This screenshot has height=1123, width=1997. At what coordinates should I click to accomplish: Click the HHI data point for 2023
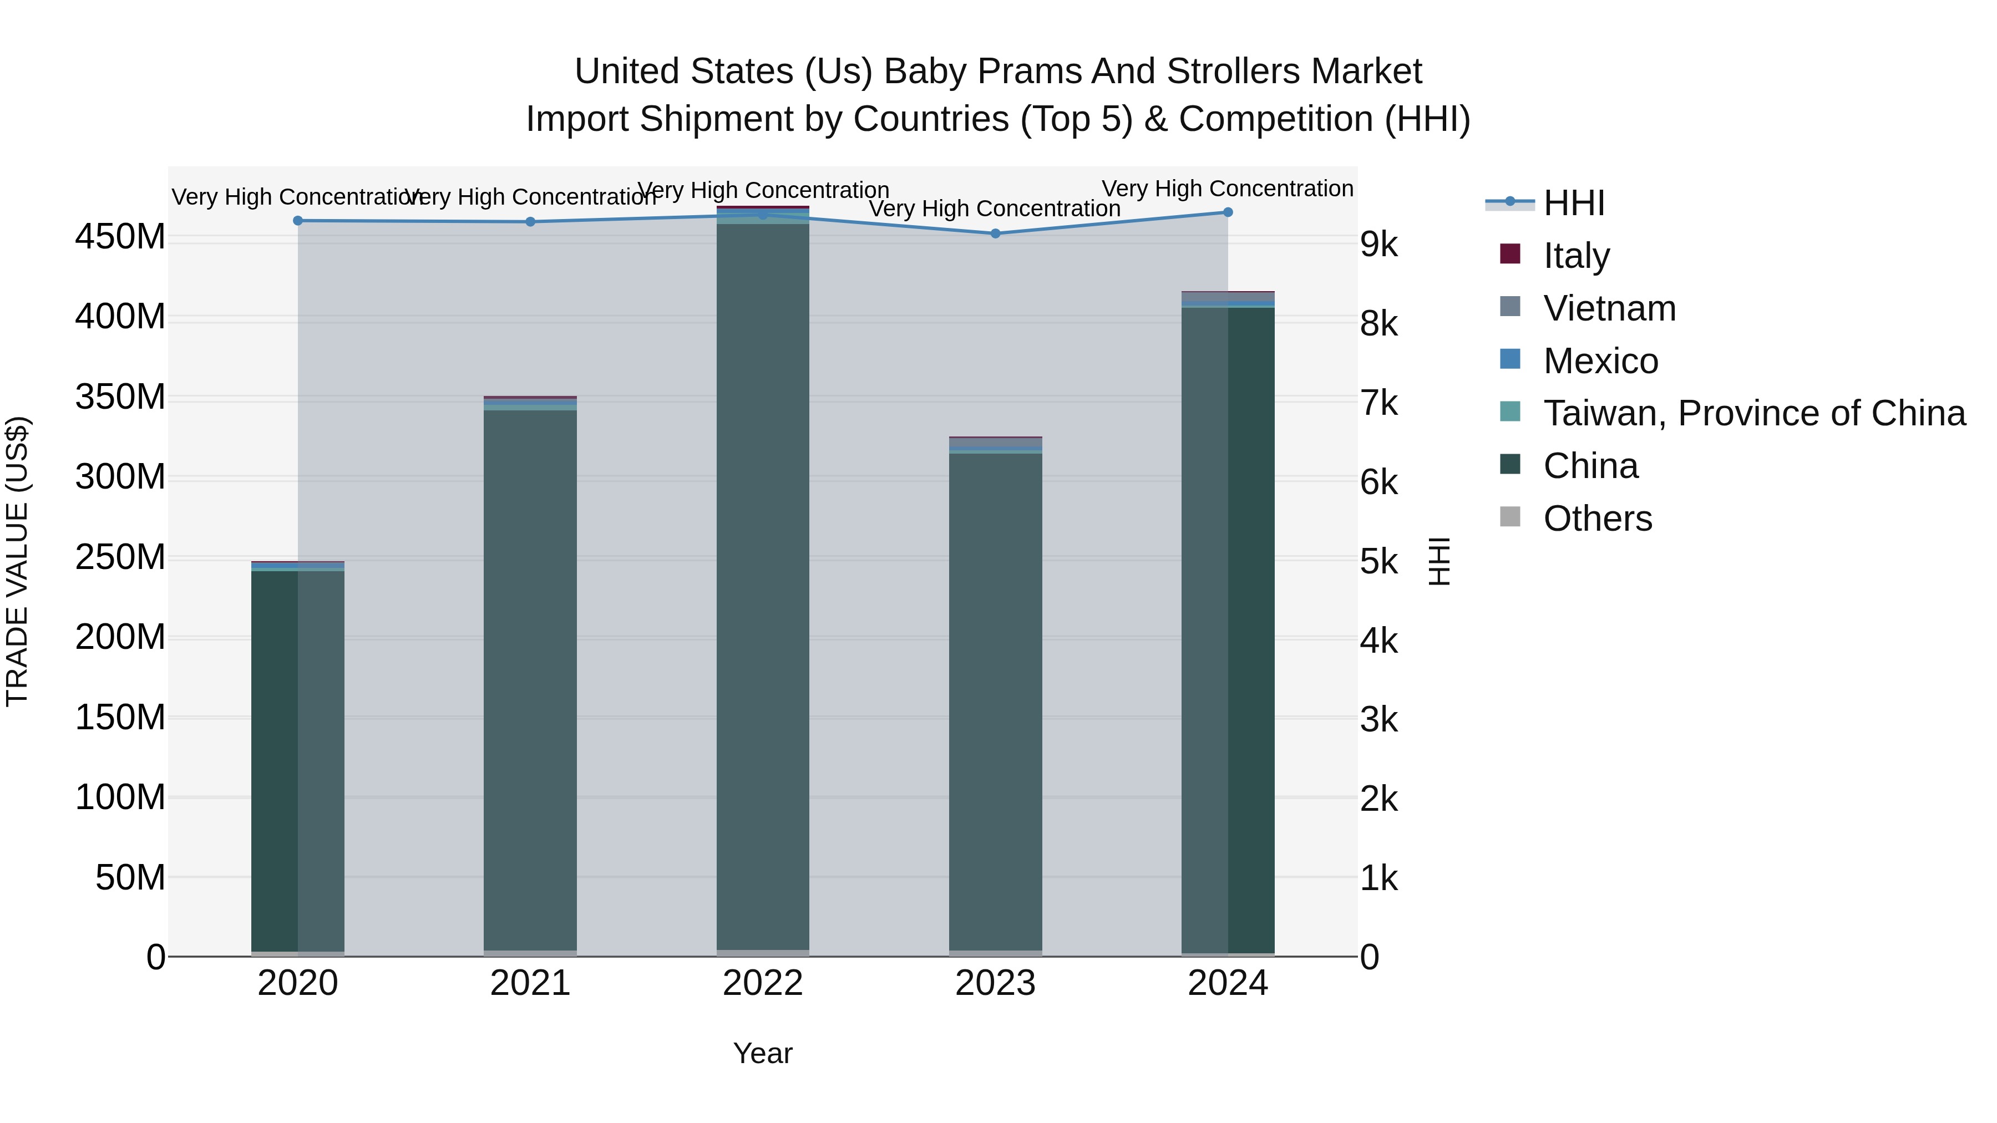point(995,233)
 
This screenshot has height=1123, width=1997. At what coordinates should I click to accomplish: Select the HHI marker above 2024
point(1228,212)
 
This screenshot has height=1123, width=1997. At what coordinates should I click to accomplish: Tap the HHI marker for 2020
point(298,221)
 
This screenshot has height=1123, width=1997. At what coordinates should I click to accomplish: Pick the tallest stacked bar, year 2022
point(763,581)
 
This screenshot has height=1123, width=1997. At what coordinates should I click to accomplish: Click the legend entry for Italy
point(1575,256)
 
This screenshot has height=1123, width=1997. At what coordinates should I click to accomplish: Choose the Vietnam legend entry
point(1609,308)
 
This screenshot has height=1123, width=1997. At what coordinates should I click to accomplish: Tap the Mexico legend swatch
point(1510,359)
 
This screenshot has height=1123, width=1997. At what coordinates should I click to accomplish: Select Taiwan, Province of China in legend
point(1753,413)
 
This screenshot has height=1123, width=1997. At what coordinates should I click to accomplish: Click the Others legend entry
point(1597,519)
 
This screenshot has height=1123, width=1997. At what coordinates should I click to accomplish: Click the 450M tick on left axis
point(120,237)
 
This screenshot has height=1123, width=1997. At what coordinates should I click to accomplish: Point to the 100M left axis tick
point(120,797)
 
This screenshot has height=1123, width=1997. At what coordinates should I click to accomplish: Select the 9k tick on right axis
point(1378,245)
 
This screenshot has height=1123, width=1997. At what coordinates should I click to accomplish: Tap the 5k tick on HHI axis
point(1378,562)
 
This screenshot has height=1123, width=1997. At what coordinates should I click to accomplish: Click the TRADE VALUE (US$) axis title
point(17,561)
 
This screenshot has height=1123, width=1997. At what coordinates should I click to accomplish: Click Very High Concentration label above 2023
point(995,209)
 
